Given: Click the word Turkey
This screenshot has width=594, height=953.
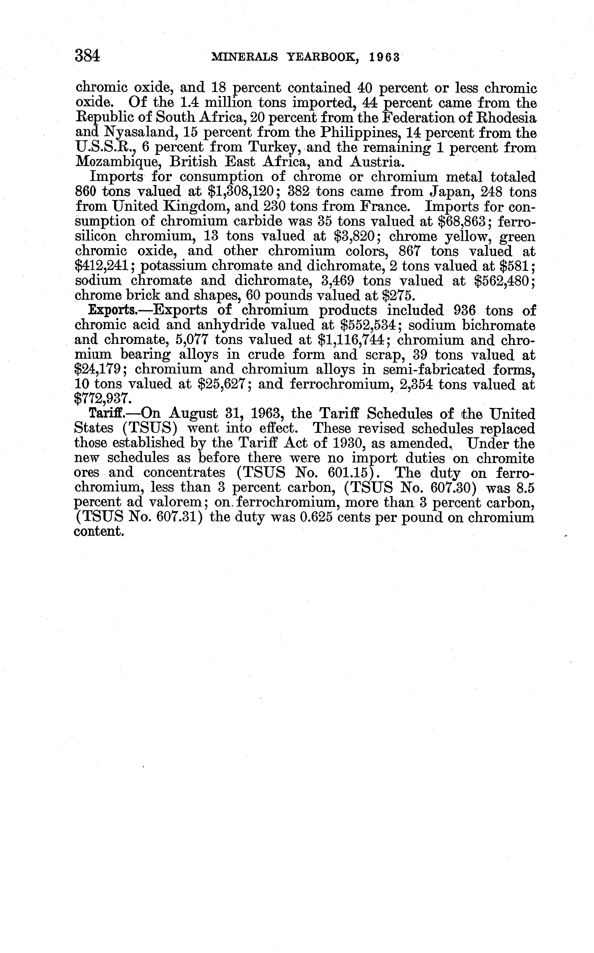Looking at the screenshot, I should point(275,147).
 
